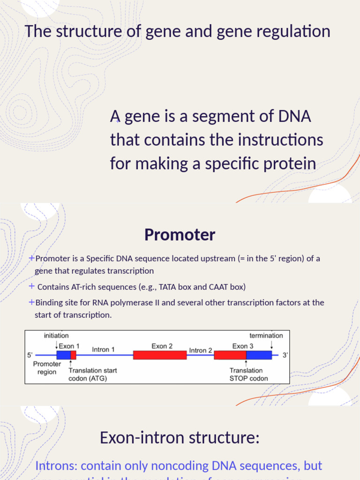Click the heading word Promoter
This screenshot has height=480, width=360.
pos(180,234)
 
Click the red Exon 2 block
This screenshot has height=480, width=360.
pos(160,355)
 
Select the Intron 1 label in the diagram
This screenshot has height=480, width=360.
pos(104,349)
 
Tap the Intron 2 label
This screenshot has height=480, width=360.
pos(200,350)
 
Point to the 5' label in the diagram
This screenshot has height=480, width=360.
pos(30,355)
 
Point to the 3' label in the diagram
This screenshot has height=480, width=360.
pos(285,355)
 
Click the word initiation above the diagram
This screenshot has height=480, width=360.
pos(56,335)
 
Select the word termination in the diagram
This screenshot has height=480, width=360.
pos(266,335)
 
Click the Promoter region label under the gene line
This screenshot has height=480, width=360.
pos(47,368)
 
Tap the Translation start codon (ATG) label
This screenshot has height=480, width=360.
pos(92,374)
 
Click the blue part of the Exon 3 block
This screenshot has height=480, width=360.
pos(259,355)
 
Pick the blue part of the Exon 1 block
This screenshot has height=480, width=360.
pos(63,355)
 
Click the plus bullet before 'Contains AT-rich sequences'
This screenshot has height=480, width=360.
pos(31,286)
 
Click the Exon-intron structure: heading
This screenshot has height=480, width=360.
pos(180,437)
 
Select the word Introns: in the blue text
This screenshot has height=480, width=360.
pos(56,465)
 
